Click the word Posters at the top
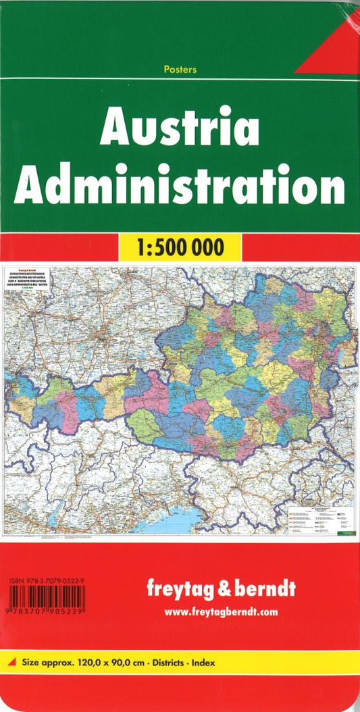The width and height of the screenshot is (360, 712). (180, 70)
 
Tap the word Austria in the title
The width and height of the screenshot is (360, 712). (179, 128)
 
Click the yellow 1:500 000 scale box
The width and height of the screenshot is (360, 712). (180, 247)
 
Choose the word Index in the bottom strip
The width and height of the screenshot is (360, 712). (203, 663)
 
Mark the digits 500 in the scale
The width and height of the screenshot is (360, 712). (182, 247)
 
